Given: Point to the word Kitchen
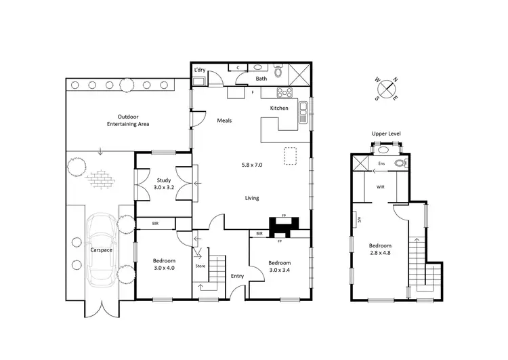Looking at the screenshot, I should (279, 108).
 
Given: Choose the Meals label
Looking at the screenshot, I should (224, 121).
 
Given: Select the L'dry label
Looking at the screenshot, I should (200, 71).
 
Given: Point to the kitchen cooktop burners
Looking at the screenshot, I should (283, 93).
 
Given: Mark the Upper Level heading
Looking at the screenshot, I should (386, 134).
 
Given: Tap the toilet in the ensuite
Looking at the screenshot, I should (400, 163).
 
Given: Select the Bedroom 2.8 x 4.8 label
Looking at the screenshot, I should (380, 249).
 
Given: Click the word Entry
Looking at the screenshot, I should (237, 276).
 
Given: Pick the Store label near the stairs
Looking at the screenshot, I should (200, 266).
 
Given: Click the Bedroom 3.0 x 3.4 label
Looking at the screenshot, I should (279, 266).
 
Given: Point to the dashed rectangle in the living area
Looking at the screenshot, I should (291, 156).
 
